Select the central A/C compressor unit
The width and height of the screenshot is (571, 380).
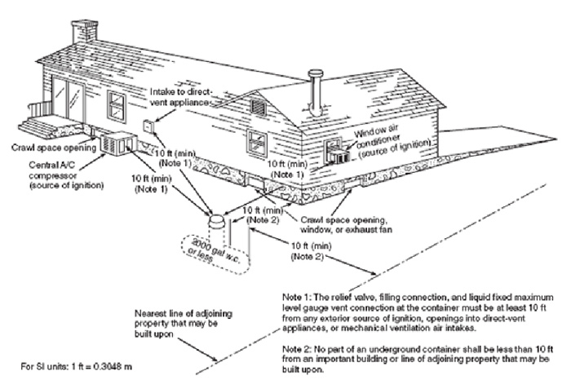[117, 144]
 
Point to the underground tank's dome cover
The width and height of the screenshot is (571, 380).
[215, 219]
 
